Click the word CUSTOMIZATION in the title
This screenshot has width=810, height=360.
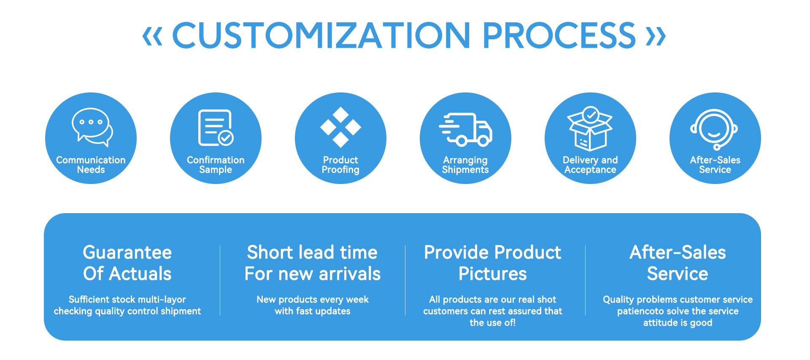pos(321,35)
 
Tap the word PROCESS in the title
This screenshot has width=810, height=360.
pos(559,35)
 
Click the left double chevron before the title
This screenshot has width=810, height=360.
pos(152,36)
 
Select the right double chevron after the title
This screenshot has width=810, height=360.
pos(656,36)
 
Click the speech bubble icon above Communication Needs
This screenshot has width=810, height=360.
pos(92,127)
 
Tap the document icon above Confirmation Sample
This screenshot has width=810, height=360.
pos(216,127)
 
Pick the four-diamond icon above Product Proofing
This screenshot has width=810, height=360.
pos(340,127)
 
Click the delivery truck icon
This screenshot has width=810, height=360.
pos(465,130)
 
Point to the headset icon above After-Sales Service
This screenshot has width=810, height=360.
pos(714,129)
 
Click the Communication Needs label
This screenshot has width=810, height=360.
pos(91,165)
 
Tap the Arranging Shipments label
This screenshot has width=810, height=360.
pos(465,165)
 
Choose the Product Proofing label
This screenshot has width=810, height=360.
pos(340,165)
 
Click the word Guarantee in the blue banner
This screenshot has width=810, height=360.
pos(127,252)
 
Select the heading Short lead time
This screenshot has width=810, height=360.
pos(312,252)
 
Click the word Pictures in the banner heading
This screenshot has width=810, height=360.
pos(493,274)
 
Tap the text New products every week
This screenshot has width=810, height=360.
pos(313,300)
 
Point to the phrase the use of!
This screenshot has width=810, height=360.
pos(493,323)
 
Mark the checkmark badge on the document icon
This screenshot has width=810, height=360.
pos(226,138)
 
